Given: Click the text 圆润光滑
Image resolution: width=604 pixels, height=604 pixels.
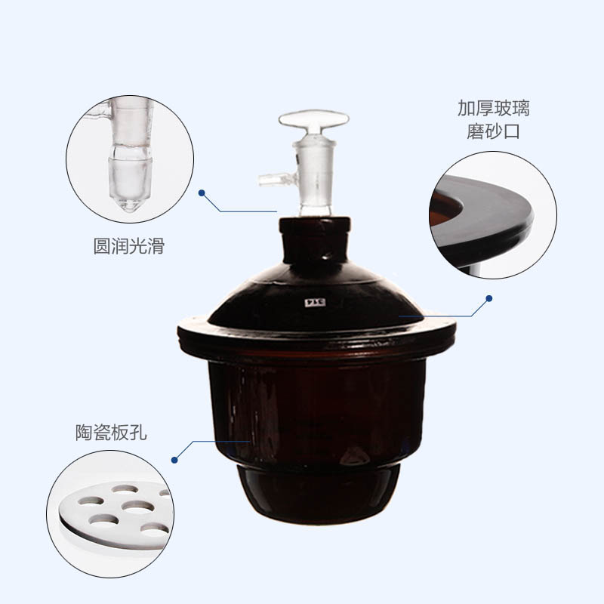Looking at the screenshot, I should coord(128,247).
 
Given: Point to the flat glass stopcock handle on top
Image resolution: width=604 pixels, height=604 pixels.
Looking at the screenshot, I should coord(313,120).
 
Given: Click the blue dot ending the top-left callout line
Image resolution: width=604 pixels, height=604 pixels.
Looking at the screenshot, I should coord(202,193).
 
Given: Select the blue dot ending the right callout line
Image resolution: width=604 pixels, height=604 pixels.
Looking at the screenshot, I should coord(488,298).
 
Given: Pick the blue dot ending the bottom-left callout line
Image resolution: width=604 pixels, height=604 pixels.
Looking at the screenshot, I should coord(174,458).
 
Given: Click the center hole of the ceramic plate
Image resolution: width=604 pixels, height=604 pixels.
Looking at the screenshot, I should coord(137,504).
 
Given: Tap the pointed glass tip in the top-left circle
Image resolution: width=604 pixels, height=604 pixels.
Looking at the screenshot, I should coord(131,204).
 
